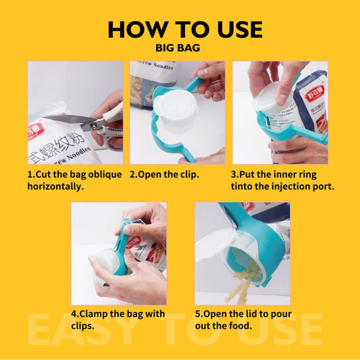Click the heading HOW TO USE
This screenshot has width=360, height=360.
click(x=184, y=30)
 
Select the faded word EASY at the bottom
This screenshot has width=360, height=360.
click(x=74, y=330)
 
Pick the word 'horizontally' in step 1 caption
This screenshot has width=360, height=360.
click(x=55, y=186)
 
